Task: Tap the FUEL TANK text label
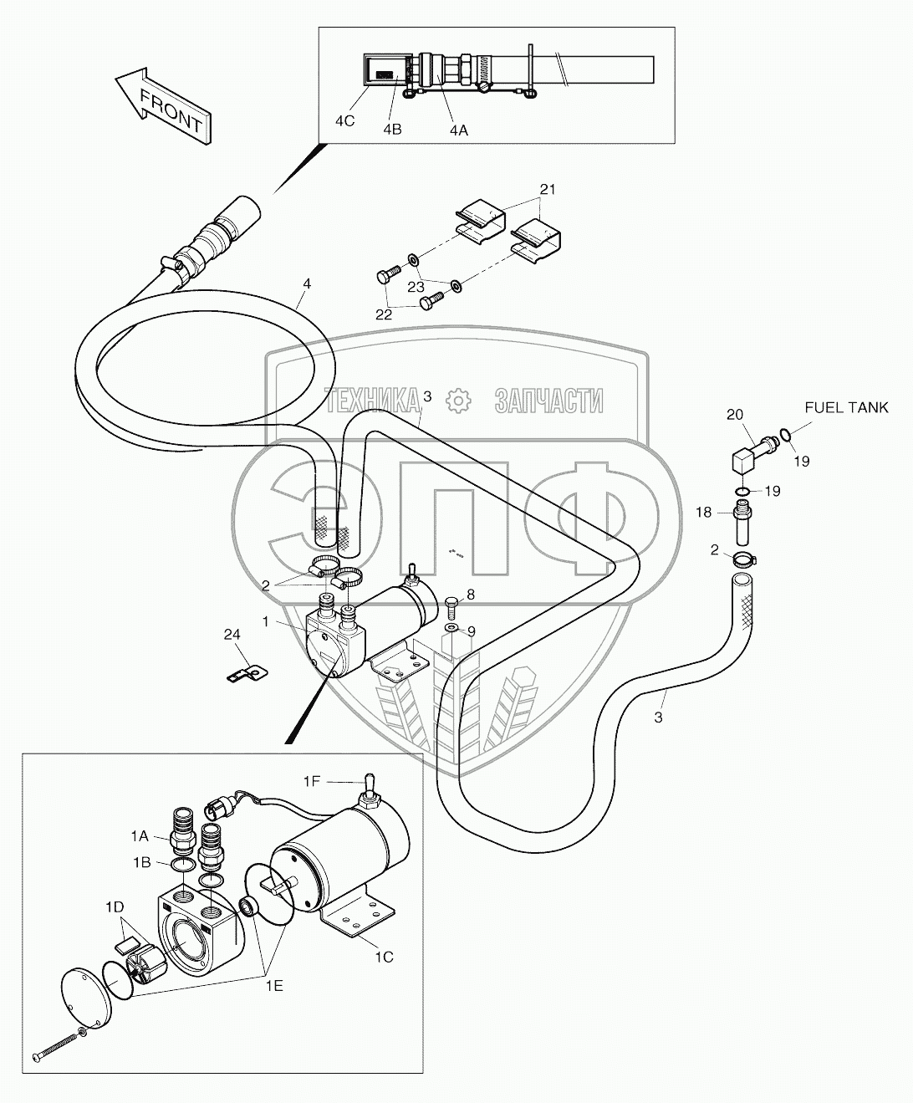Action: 846,407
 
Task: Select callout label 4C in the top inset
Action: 344,121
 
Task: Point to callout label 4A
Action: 459,130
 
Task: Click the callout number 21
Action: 548,189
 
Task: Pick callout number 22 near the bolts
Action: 384,314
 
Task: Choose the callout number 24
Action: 232,635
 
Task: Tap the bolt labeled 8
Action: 451,608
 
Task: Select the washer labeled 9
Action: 451,627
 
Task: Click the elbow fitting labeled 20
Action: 752,453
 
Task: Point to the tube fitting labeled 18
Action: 742,526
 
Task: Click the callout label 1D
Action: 115,906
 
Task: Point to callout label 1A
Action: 140,835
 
